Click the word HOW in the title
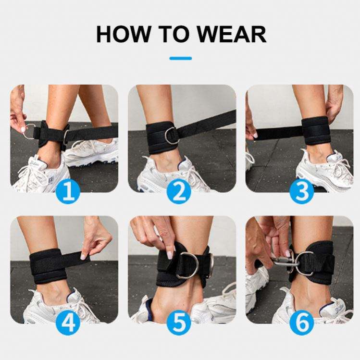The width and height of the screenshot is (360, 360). point(123,34)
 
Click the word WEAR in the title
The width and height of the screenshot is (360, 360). point(232,34)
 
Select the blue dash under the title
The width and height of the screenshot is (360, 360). point(180,58)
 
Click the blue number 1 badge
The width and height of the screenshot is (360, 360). point(68,191)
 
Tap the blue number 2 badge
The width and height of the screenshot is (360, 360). point(179,191)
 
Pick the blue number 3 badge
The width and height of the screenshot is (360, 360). point(302,191)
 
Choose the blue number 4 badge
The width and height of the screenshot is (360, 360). point(68,323)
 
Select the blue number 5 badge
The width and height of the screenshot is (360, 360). point(179,323)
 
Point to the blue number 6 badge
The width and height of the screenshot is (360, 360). point(302,323)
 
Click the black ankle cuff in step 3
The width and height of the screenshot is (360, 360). point(314,130)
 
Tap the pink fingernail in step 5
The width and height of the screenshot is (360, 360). point(170,255)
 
